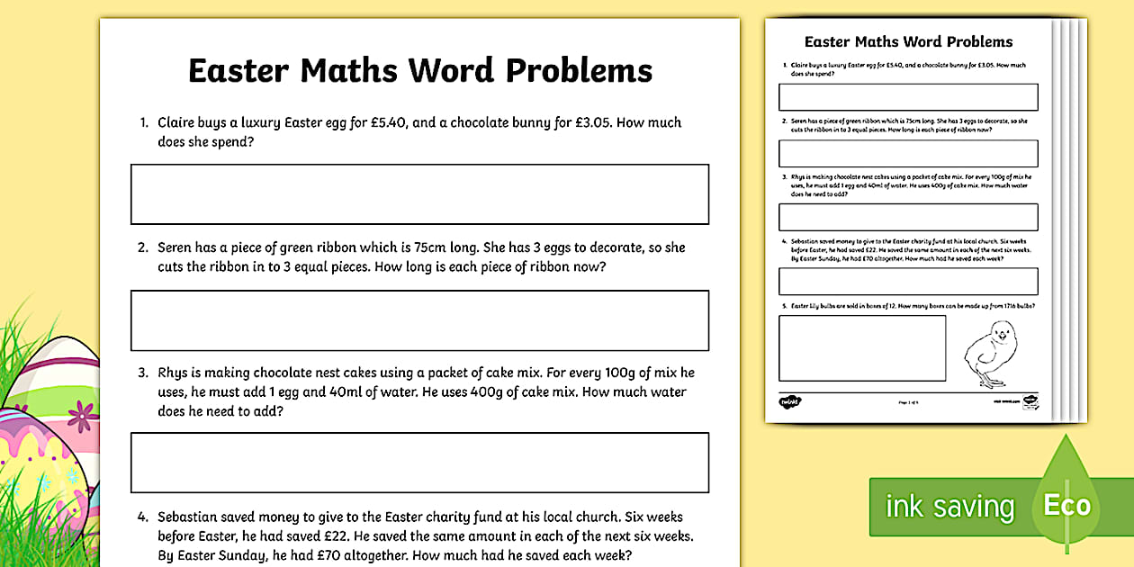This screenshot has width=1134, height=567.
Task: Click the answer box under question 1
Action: coord(419,193)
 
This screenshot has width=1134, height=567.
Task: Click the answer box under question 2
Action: coord(419,319)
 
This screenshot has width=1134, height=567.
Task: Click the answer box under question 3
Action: coord(419,462)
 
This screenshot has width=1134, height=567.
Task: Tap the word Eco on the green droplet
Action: coord(1066,505)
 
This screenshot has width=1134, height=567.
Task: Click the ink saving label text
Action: coord(949,507)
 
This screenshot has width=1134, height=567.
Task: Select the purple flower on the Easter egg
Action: coord(83,413)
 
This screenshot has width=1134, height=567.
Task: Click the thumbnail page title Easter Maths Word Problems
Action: coord(908,41)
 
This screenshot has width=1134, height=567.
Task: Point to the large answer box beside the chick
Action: coord(862,347)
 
